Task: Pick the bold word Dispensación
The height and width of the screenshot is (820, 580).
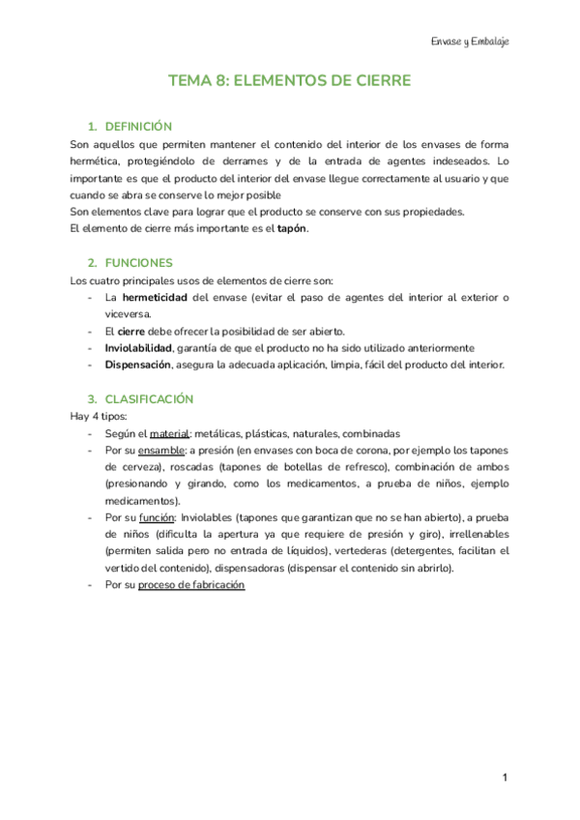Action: pyautogui.click(x=137, y=365)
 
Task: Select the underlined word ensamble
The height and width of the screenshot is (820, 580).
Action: pyautogui.click(x=161, y=450)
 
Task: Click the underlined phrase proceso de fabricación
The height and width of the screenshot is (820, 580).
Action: pyautogui.click(x=191, y=585)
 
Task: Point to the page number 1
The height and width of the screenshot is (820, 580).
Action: pyautogui.click(x=504, y=777)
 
